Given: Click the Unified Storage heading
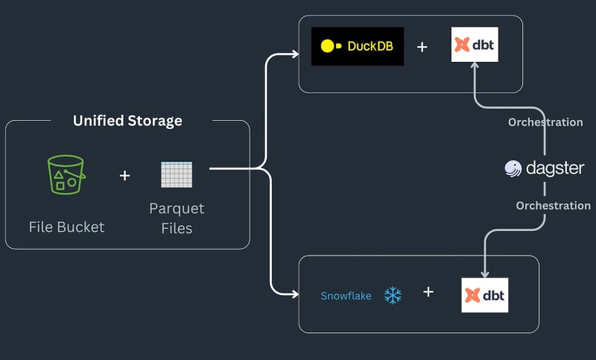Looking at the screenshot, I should pos(127,121).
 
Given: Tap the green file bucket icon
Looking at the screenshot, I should pos(66,175).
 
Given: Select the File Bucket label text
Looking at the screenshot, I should pos(66,227).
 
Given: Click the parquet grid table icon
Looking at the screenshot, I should pos(177,174).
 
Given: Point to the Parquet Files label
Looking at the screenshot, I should pos(177,218).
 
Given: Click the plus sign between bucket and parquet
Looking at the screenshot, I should pos(124,175).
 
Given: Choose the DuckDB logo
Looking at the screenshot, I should pos(357,46).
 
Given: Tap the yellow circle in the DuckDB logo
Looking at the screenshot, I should pos(327,46).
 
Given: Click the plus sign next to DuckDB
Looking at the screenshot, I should pos(422,47).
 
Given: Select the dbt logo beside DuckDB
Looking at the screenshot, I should pos(475,45).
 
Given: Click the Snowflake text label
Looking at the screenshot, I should pos(346,296).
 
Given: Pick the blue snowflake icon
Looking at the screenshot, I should pos(393,295).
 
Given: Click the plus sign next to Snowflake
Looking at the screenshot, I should pos(428,292).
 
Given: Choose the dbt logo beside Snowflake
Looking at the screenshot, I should pos(484,295).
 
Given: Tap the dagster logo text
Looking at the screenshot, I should pos(555,168).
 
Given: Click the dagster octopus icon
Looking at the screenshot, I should pos(513,168).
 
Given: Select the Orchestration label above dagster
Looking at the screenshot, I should pos(545,122).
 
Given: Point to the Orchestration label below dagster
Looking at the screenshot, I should pos(553,206).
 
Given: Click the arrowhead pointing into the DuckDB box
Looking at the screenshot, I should pos(293,54).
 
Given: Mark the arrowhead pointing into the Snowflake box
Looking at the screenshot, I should pos(293,292).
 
